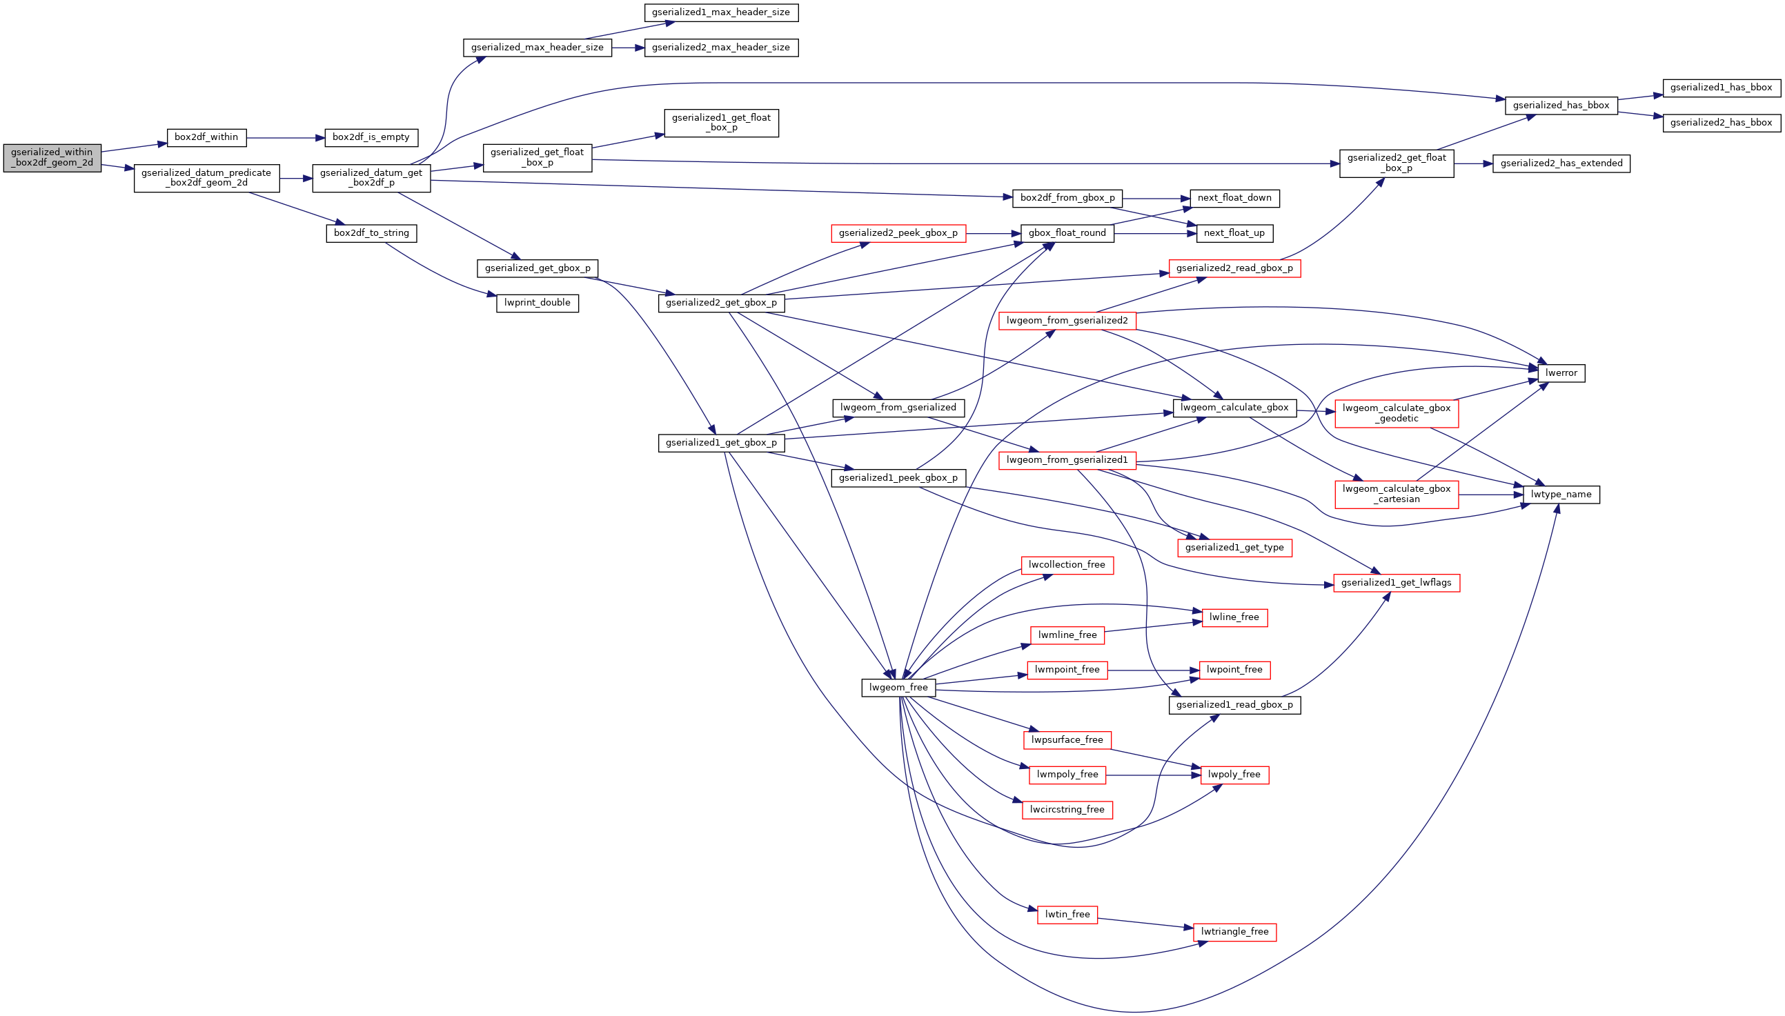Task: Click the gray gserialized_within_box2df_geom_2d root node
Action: coord(52,158)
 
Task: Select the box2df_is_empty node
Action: coord(371,137)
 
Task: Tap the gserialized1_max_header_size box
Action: coord(720,12)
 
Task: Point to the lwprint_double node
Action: coord(537,303)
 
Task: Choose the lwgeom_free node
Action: coord(898,688)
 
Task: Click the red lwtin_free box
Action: coord(1066,914)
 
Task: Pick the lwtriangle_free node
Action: coord(1234,932)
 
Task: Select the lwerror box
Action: coord(1560,373)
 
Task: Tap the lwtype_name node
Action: coord(1560,495)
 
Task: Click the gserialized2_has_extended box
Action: coord(1560,163)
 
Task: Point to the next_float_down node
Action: coord(1234,198)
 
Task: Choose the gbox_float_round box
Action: coord(1066,233)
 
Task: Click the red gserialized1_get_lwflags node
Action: coord(1396,583)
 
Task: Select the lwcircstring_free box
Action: coord(1066,810)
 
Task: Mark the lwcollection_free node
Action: coord(1066,564)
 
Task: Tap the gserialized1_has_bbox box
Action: coord(1721,88)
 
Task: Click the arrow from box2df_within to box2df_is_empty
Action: coord(286,137)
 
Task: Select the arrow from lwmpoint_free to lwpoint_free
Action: coord(1152,670)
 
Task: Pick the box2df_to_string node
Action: coord(371,233)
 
